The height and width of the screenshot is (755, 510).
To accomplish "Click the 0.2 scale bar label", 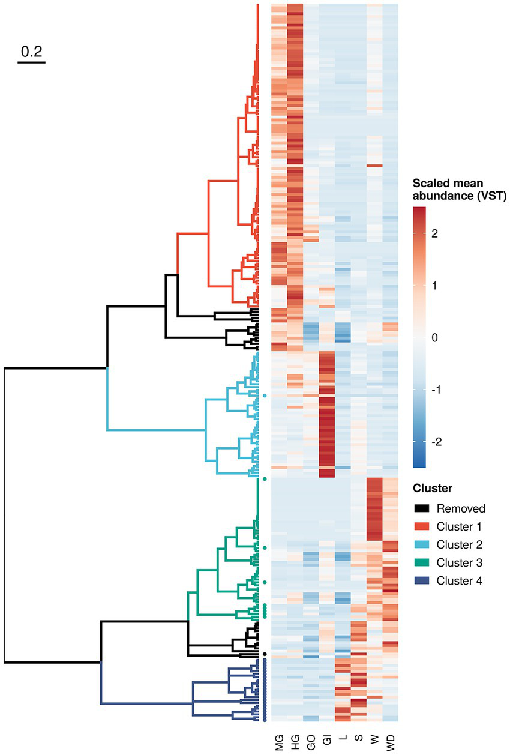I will click(31, 52).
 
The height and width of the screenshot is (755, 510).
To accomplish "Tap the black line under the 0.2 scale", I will click(31, 61).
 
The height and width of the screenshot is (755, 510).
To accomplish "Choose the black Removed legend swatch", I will click(421, 509).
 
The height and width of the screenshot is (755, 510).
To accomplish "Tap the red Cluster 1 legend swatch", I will click(421, 527).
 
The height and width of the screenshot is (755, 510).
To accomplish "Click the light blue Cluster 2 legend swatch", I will click(421, 545).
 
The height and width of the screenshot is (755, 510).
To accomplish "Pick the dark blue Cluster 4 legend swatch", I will click(421, 581).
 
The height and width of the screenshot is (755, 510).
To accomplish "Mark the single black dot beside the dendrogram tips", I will click(264, 654).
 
